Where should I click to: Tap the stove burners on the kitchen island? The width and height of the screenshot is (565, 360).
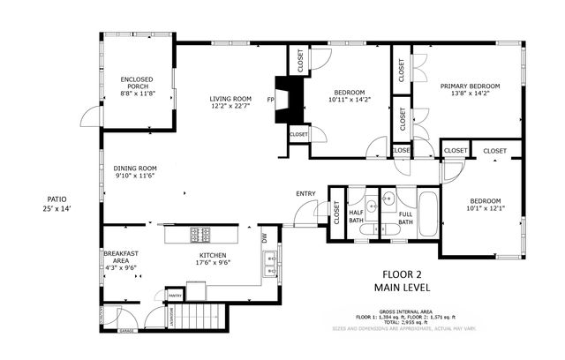pos(200,235)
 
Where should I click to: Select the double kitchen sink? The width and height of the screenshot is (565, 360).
pos(267,261)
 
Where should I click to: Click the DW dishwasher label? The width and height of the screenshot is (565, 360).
pos(264,238)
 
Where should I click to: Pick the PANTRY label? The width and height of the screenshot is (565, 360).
pos(175,296)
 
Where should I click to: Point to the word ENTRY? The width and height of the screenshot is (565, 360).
pos(305,194)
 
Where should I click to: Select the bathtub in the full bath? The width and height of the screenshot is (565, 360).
pos(426,214)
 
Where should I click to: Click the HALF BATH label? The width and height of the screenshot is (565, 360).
pos(358,217)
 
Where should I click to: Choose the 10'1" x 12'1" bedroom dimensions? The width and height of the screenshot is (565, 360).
pos(484,209)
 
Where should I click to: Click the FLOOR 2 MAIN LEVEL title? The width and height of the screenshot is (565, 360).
pos(405,281)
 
